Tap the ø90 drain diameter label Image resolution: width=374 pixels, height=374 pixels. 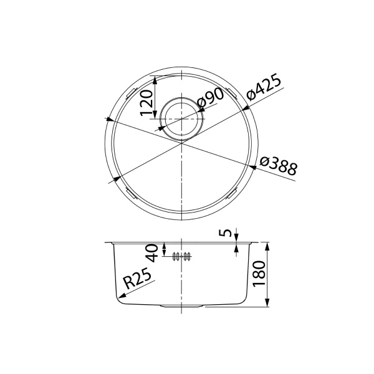tap(209, 100)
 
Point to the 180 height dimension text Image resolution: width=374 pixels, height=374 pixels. tap(260, 272)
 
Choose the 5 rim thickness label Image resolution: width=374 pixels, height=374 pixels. tap(228, 234)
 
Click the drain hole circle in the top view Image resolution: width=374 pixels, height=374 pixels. tap(181, 118)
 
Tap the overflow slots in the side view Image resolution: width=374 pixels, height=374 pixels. tap(181, 256)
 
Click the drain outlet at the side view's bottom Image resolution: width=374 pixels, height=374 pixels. tap(181, 306)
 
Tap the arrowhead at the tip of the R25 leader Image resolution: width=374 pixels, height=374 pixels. tap(118, 298)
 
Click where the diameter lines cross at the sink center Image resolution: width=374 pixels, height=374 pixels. tap(181, 141)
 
